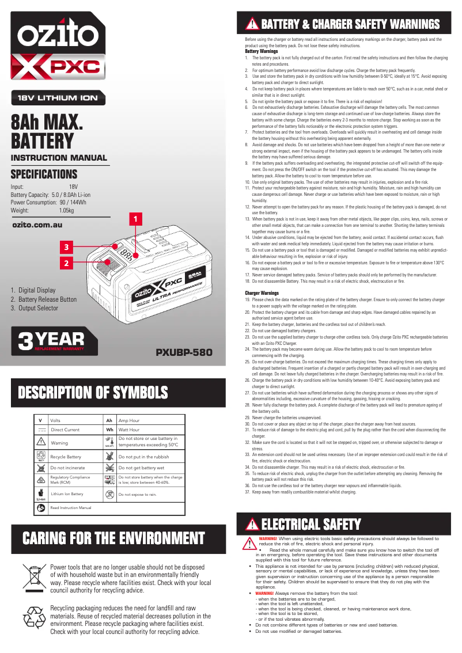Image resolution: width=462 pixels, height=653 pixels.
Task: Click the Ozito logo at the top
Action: (x=58, y=37)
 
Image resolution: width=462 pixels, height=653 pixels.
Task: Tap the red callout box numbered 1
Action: (x=135, y=219)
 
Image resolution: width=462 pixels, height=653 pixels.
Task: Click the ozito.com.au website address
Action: (x=37, y=225)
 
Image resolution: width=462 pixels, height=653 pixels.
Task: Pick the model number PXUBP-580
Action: (x=184, y=352)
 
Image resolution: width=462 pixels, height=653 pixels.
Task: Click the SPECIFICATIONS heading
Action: (x=44, y=174)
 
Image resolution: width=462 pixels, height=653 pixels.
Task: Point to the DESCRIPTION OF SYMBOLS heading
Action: (x=93, y=393)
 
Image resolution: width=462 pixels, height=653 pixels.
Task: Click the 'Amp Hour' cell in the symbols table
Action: (x=129, y=421)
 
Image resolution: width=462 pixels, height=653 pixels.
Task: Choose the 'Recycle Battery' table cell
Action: (x=66, y=457)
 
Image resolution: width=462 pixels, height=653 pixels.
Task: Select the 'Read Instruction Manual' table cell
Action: (x=71, y=508)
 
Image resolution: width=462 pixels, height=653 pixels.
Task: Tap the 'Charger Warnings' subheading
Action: (x=262, y=293)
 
